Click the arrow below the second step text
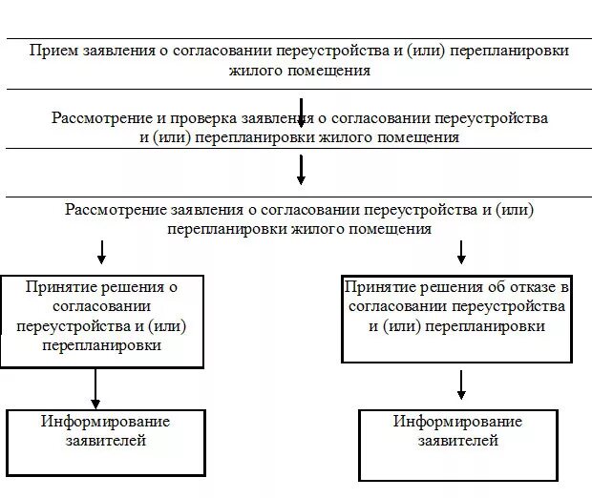(x=301, y=169)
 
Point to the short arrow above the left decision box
(x=102, y=252)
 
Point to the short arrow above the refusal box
(x=461, y=252)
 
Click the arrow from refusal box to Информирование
(x=461, y=384)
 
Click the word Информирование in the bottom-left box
(x=105, y=422)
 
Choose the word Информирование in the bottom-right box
(x=457, y=422)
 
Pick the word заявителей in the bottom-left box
(x=105, y=441)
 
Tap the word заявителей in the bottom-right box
(x=457, y=441)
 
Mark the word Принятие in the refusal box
(x=378, y=286)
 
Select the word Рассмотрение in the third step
(x=116, y=209)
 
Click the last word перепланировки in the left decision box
(x=101, y=345)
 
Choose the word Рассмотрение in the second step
(x=102, y=118)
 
